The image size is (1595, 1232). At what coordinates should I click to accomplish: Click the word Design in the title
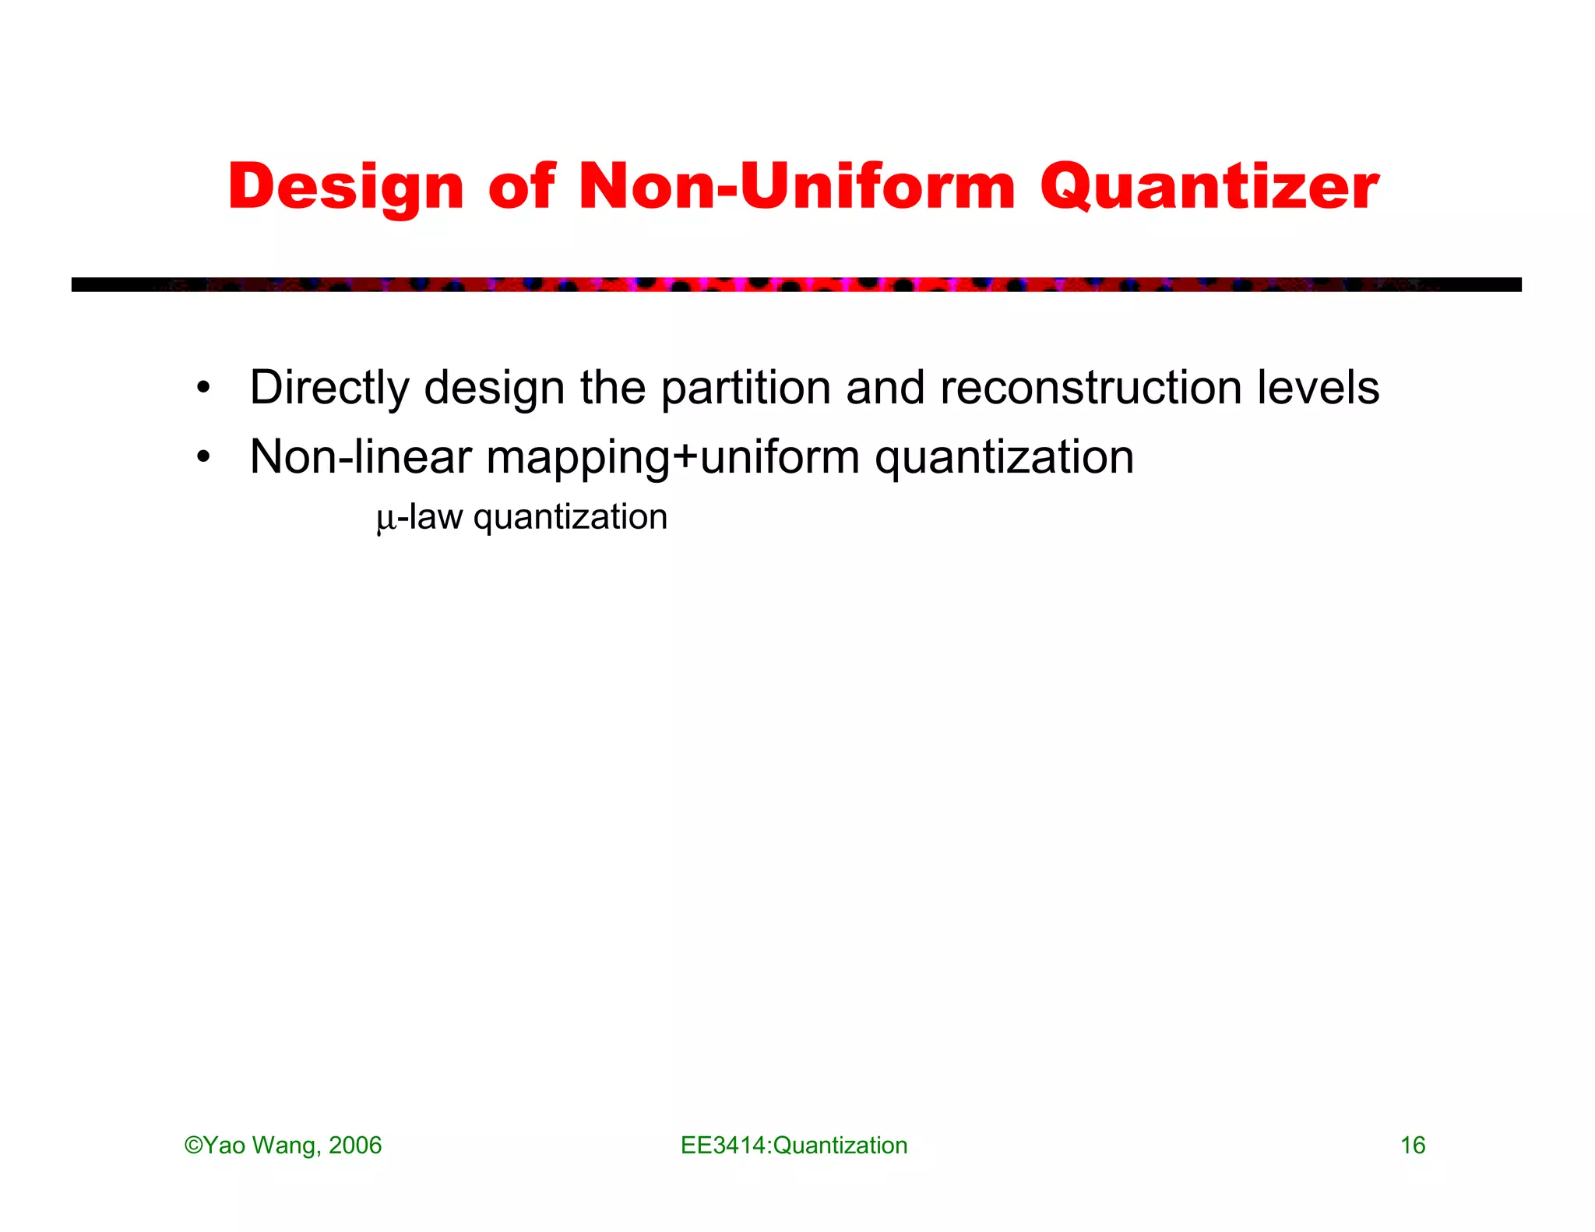point(346,187)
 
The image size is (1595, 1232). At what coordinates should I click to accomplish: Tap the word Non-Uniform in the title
point(797,187)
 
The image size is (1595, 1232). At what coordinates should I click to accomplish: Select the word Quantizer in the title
point(1209,187)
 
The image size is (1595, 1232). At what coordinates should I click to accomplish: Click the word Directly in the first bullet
point(329,388)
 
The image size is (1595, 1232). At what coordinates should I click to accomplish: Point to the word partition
point(745,388)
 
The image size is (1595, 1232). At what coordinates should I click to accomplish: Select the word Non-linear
point(361,457)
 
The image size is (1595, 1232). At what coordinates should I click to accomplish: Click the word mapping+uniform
point(673,457)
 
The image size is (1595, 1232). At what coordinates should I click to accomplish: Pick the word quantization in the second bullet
point(1004,457)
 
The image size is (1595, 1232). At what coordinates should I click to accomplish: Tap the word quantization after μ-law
point(570,518)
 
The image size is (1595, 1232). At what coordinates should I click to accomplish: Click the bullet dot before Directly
point(203,388)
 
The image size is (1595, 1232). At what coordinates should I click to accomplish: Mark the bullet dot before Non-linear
point(203,457)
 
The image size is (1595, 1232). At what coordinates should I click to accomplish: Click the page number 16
point(1413,1146)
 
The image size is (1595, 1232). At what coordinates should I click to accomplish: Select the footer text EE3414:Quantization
point(794,1146)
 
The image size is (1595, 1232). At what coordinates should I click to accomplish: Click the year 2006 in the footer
point(355,1146)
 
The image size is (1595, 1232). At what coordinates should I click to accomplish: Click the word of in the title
point(521,187)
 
